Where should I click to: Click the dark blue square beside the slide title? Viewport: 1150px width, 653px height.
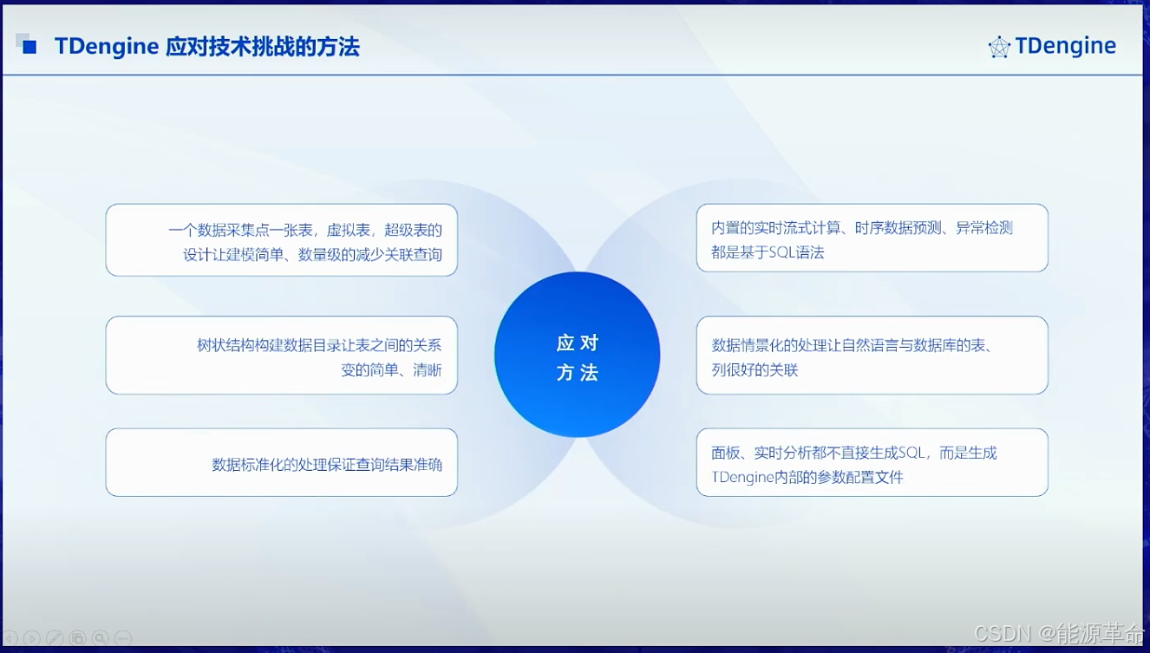(29, 47)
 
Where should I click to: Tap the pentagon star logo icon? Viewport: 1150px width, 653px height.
(999, 47)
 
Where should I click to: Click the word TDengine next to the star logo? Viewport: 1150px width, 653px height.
(1065, 46)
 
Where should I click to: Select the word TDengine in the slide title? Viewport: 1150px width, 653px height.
(107, 47)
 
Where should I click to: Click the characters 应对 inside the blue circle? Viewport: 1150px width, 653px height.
(578, 343)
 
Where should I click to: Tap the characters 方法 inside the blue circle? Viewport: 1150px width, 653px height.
(578, 373)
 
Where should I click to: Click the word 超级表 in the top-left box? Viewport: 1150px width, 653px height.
(406, 230)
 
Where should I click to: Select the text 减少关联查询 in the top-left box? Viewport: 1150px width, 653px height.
(399, 254)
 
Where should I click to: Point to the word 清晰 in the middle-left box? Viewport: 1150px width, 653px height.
(428, 369)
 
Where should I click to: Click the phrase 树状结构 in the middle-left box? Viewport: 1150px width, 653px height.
(225, 345)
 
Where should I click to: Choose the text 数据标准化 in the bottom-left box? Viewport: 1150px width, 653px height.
(247, 465)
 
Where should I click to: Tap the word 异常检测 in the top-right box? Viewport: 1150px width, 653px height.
(984, 227)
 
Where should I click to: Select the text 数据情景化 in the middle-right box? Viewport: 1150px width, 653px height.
(747, 345)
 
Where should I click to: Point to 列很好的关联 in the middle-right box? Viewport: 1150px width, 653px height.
(755, 369)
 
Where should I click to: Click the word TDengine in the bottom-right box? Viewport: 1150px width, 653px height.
(742, 478)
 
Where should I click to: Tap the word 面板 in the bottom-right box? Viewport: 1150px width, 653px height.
(725, 453)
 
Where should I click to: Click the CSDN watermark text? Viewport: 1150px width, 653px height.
(1003, 634)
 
